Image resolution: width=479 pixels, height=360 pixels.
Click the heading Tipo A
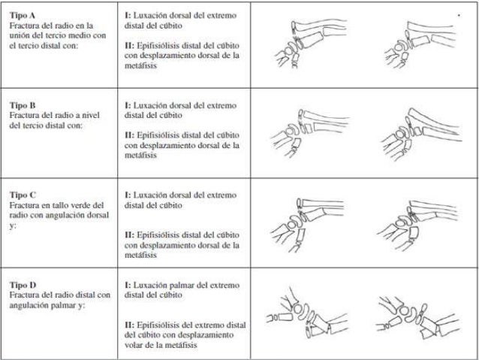(23, 15)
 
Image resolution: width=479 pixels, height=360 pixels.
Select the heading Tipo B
(23, 105)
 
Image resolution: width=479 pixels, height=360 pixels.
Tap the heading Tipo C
(23, 195)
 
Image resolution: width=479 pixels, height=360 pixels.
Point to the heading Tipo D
(23, 285)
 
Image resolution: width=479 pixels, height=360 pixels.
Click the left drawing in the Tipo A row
(311, 44)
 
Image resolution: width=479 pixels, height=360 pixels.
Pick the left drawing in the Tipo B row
(310, 133)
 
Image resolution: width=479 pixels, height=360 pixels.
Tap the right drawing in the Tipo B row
(421, 134)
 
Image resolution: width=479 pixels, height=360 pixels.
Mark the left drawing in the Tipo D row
(307, 313)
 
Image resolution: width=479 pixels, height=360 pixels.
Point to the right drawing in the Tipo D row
(417, 317)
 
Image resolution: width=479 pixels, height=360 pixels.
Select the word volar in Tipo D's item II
(133, 345)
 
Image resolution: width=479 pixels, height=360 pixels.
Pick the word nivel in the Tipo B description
(89, 115)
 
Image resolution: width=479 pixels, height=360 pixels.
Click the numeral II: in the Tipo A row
(130, 46)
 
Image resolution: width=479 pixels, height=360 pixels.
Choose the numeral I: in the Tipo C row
(128, 195)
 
